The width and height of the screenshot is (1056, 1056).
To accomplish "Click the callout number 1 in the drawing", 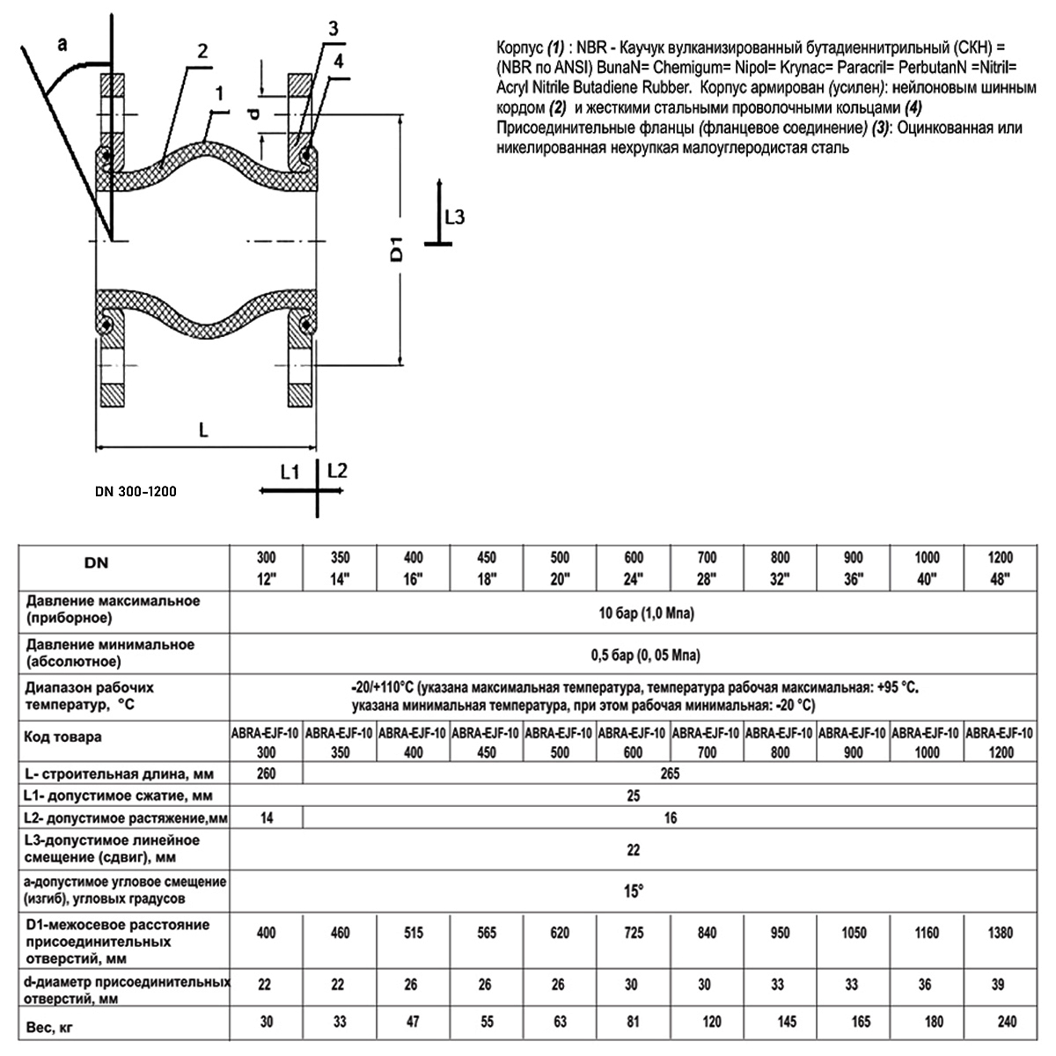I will (x=219, y=92).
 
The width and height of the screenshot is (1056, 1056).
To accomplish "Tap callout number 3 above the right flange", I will (x=332, y=28).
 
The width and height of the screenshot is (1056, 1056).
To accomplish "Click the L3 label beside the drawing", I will (x=454, y=216).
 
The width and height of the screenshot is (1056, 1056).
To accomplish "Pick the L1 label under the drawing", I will (x=290, y=472).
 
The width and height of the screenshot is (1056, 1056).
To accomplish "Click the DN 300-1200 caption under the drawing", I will (x=135, y=491).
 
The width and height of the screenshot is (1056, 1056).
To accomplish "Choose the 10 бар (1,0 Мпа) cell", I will (x=634, y=613).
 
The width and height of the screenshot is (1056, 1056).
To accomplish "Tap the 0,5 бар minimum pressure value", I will (x=634, y=656).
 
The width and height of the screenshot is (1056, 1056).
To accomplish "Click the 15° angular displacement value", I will (x=634, y=891).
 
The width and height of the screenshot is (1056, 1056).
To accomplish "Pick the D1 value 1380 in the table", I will (x=1001, y=933).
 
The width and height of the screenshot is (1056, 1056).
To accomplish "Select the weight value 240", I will (x=1001, y=1022).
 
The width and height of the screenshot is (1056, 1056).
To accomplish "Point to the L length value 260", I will (x=266, y=774).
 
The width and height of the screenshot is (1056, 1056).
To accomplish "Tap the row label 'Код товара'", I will (x=63, y=737).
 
